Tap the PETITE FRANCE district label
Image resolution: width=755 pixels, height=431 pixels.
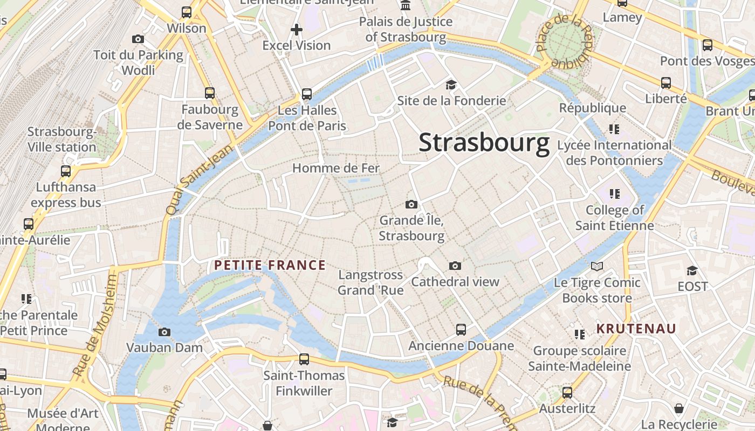270,265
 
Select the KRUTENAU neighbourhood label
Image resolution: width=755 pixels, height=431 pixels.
636,329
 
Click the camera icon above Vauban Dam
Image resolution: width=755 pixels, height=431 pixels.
164,332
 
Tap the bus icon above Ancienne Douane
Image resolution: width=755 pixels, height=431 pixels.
461,329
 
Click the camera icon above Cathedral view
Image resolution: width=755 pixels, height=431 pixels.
455,266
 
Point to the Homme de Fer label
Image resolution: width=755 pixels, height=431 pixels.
336,168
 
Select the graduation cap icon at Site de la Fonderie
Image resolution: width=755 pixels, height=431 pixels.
451,85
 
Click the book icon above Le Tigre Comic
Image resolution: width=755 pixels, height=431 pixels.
596,266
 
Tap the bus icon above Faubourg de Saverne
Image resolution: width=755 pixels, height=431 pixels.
210,93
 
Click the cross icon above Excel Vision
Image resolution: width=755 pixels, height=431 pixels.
296,29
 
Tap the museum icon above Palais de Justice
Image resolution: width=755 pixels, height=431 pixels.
406,6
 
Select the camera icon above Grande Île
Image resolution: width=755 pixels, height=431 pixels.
411,204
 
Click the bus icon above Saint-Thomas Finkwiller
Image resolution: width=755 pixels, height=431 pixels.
304,359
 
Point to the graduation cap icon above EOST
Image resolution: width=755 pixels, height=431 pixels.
692,270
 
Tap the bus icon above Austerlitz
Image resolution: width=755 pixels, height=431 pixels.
567,392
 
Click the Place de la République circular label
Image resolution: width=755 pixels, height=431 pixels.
565,41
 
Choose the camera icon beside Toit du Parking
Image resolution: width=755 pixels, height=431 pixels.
138,39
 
